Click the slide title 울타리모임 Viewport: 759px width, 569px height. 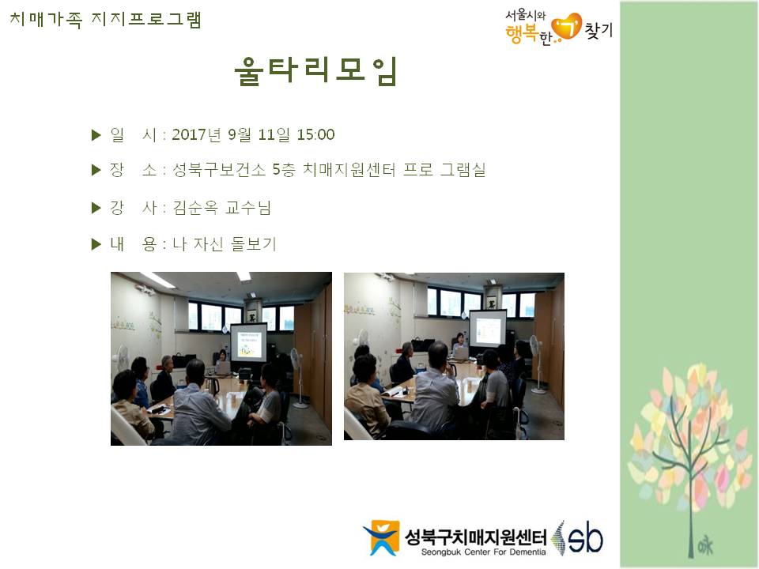pos(315,71)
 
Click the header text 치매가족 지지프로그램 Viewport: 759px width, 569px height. pos(105,20)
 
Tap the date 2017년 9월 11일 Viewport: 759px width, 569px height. pos(231,134)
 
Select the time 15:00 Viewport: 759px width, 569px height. pos(315,134)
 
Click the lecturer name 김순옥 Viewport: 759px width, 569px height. pos(195,208)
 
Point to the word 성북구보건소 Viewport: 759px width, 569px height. pos(219,170)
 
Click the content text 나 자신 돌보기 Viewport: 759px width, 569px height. pos(225,244)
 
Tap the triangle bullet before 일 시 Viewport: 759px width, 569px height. pos(96,135)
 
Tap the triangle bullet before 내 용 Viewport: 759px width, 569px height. pos(96,244)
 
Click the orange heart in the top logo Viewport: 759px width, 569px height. pos(567,26)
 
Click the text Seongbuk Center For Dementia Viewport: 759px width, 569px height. pos(483,552)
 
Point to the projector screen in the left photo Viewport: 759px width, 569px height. pos(248,342)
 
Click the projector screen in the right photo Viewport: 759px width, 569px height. pos(488,328)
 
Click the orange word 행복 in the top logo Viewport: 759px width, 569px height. pos(522,33)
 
